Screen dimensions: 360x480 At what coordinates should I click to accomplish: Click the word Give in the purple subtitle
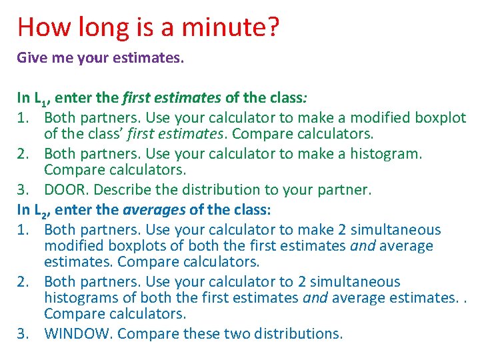[31, 58]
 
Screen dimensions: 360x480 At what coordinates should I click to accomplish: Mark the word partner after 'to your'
[343, 190]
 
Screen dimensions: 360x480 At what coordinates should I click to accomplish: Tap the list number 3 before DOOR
[21, 190]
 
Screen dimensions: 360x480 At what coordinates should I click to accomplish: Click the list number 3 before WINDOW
[21, 333]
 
